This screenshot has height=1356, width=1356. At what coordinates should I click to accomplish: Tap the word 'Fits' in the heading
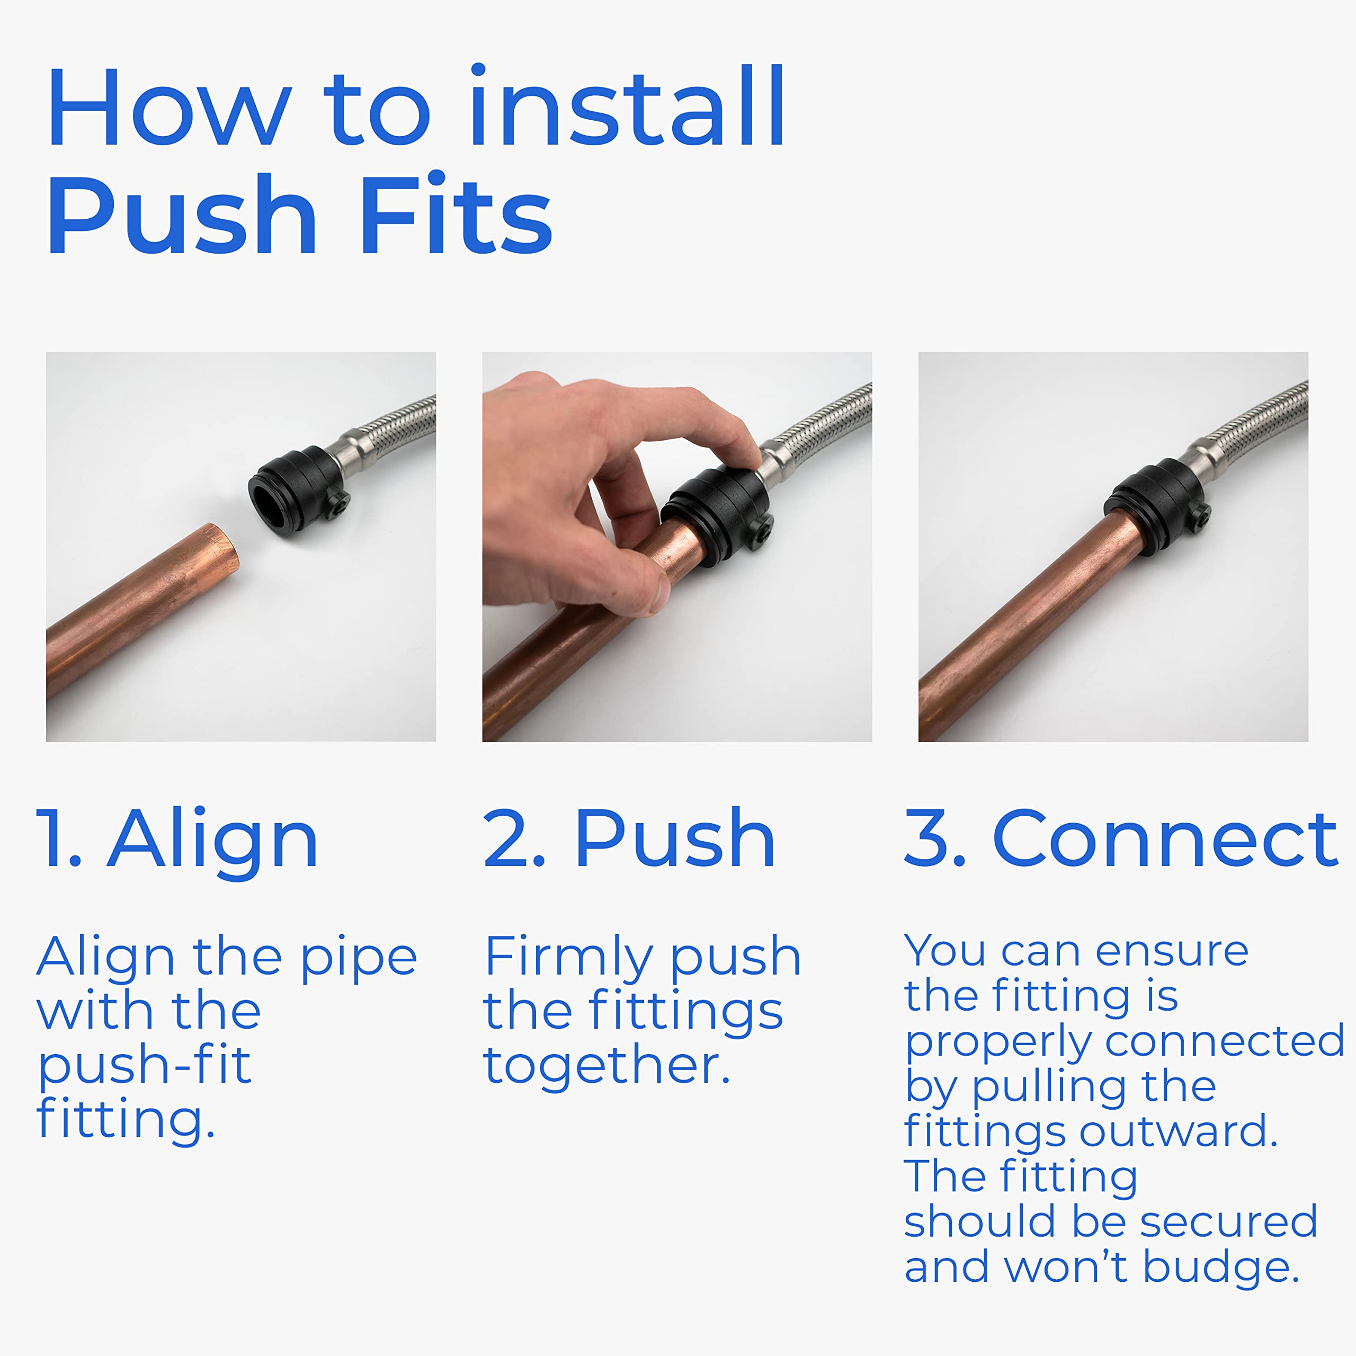point(456,215)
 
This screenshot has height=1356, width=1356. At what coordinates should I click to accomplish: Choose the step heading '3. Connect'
point(1121,838)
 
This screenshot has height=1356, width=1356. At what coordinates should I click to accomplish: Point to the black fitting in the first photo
point(301,489)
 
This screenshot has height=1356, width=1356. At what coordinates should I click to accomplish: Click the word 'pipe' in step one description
point(359,959)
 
